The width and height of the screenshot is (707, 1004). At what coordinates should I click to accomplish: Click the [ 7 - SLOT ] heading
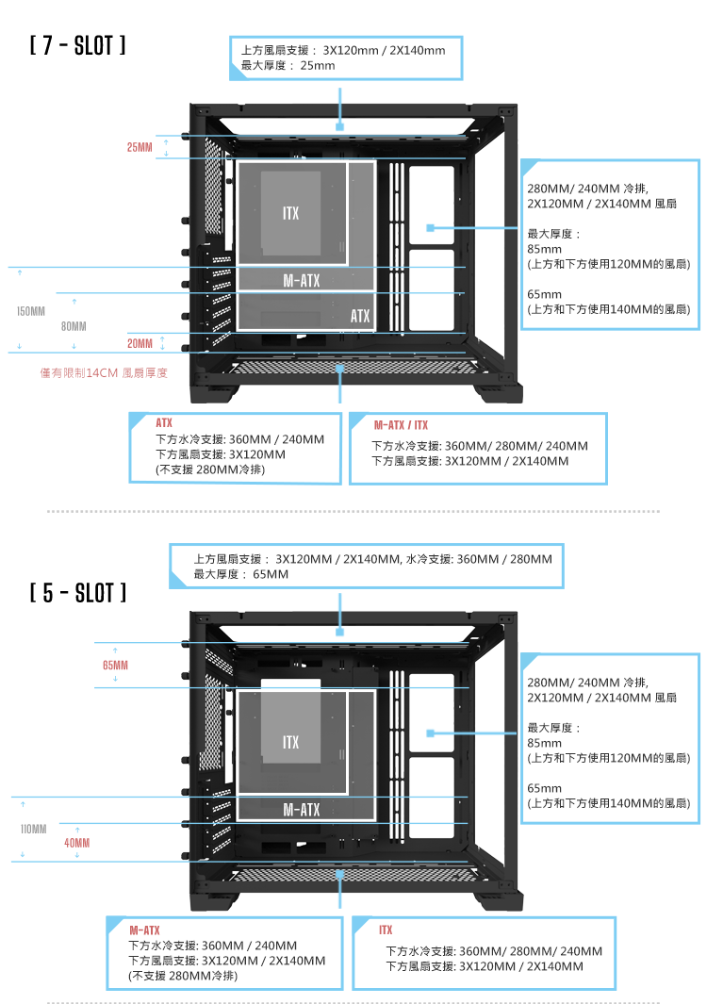78,45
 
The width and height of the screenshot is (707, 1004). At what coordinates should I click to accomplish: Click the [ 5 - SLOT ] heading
78,593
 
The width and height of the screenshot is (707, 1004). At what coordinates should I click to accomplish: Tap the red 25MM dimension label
140,147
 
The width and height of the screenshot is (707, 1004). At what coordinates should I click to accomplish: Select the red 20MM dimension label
140,342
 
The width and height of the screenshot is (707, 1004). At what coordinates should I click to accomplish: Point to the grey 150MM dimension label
31,310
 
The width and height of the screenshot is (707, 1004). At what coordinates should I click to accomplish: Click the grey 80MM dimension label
74,326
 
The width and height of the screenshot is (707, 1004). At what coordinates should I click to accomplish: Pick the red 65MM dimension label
116,666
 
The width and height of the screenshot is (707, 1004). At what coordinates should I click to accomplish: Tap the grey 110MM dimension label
34,829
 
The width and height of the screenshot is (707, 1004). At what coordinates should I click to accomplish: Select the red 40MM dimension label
77,842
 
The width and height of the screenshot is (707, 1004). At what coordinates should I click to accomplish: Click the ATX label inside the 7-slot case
360,316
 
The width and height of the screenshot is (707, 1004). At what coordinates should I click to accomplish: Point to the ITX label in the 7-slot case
290,214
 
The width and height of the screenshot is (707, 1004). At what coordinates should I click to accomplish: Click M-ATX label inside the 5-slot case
302,810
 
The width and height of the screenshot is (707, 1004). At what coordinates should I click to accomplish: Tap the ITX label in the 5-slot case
290,743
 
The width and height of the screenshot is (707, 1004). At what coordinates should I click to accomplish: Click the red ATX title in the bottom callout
164,424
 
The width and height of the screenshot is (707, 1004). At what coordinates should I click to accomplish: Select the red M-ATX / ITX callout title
401,425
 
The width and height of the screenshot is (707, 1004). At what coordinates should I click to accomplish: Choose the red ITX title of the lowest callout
386,930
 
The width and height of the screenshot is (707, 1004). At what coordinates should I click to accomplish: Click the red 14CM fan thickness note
104,373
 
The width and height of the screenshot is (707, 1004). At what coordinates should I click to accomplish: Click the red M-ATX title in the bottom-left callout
144,930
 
